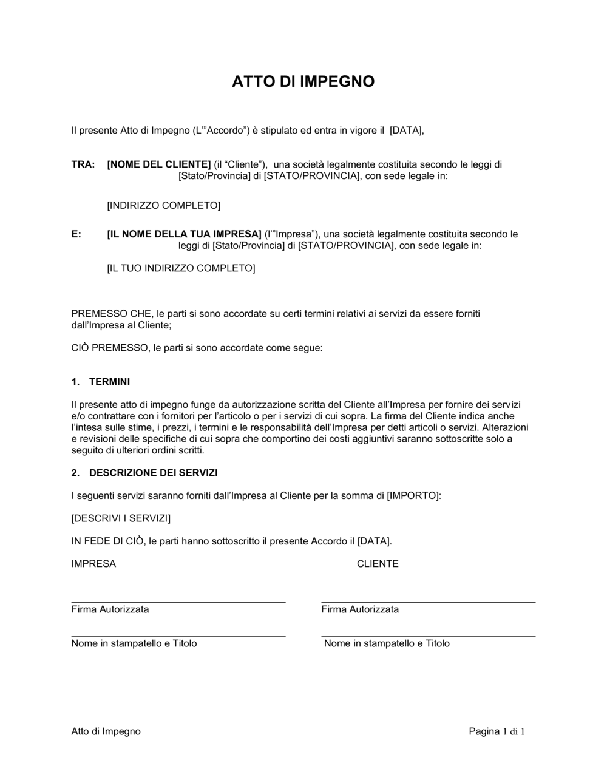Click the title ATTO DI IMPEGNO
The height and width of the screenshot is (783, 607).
coord(303,81)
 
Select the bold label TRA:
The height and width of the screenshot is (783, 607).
coord(83,164)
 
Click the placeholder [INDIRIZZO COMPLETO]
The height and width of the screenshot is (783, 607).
coord(164,206)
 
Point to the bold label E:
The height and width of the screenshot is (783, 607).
coord(76,234)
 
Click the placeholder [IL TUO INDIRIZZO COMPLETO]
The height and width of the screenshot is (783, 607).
coord(181,268)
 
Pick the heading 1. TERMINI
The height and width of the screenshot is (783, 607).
coord(101,382)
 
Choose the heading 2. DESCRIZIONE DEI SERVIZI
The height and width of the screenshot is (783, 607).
coord(144,473)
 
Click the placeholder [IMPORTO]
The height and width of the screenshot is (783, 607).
coord(412,496)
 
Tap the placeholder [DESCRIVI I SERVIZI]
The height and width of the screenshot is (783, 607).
coord(121,518)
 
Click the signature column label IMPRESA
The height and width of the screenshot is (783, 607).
coord(93,564)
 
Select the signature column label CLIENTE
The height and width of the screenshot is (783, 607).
coord(378,564)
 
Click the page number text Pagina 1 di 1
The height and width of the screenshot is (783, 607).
coord(497,731)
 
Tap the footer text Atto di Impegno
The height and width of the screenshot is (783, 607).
coord(106,731)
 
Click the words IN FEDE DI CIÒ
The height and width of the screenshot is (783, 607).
coord(107,541)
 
